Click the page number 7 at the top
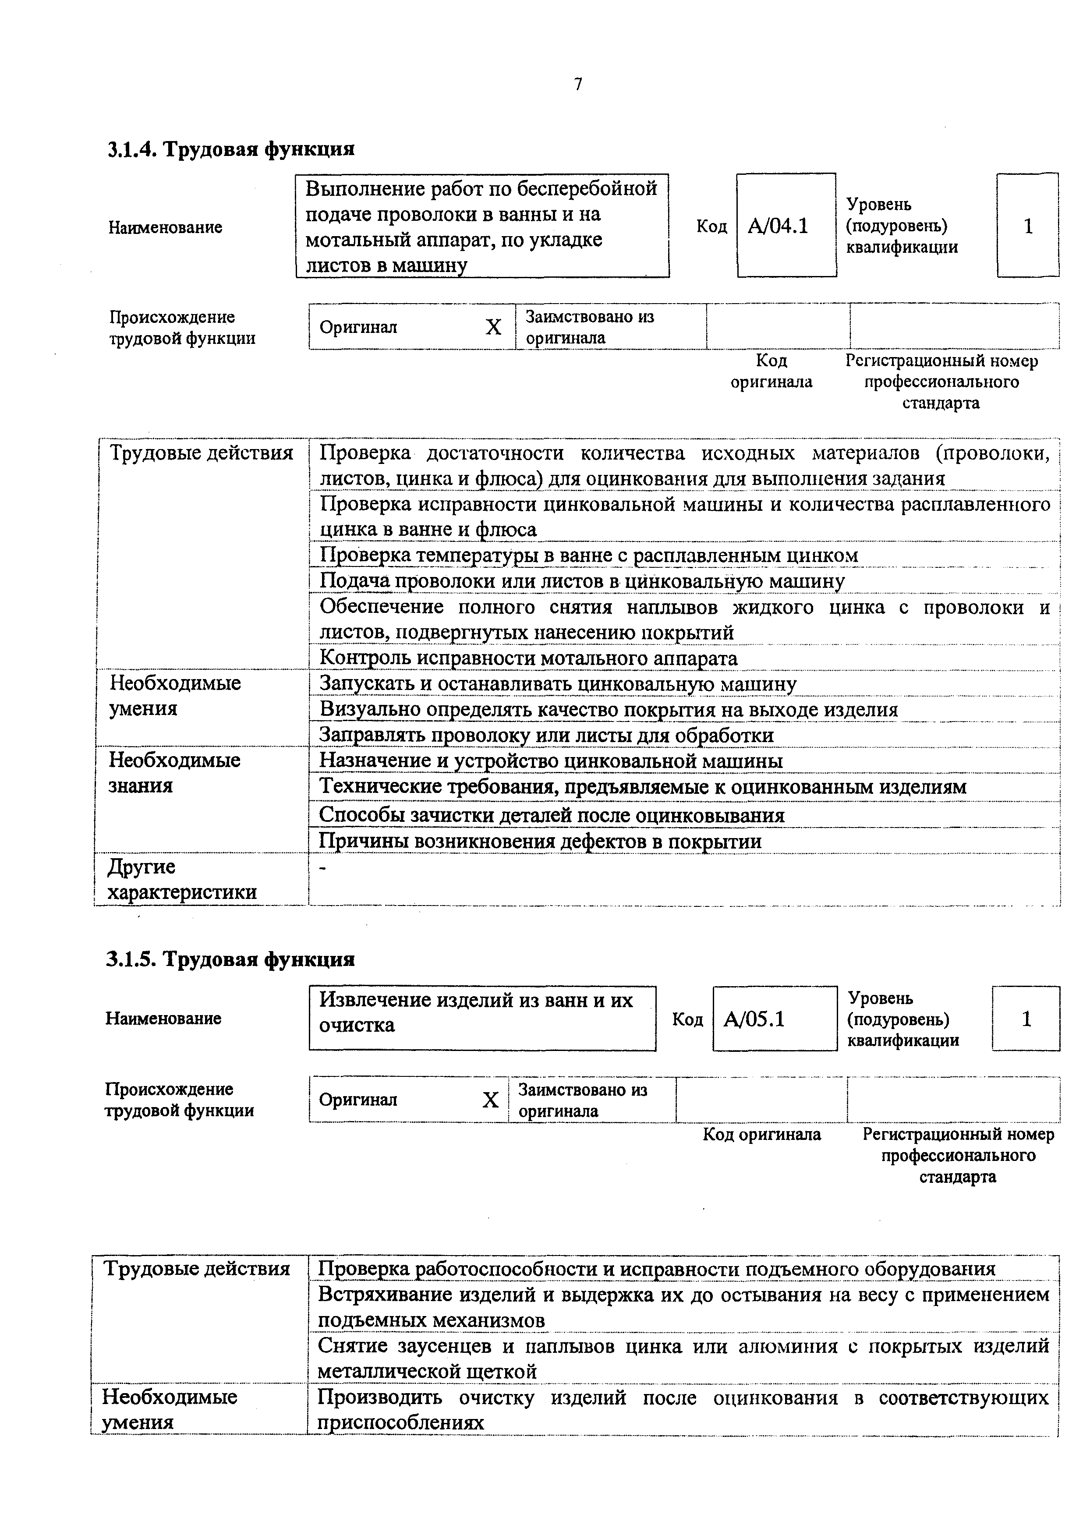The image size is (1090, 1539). (578, 85)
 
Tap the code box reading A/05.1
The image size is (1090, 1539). (773, 1019)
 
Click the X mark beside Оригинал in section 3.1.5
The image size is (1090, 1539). (491, 1100)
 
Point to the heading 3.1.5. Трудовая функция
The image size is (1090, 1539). (230, 959)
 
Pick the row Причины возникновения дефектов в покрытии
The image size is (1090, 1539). (540, 841)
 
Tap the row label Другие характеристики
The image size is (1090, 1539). (182, 879)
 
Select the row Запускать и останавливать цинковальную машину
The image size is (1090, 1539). (557, 684)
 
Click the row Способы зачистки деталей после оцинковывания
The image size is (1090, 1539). (551, 815)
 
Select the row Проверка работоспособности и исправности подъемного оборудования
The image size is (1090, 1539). (656, 1269)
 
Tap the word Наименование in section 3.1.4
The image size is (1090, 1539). (165, 227)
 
